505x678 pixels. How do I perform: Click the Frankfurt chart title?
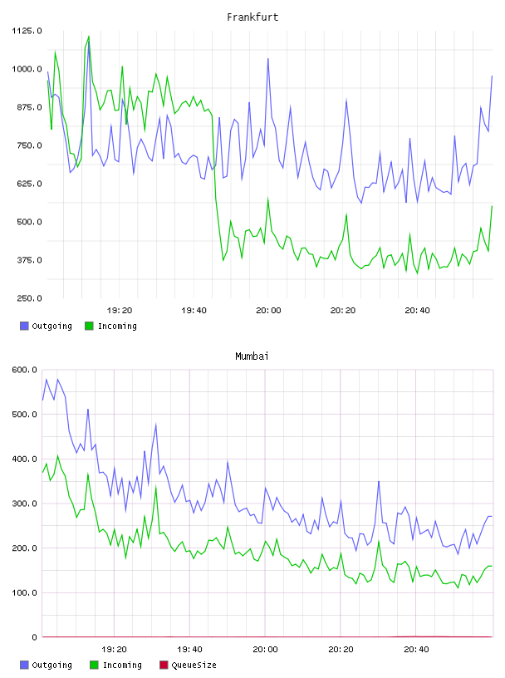coord(252,17)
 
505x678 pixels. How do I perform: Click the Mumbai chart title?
coord(252,356)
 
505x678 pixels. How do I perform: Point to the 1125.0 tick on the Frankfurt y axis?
coord(27,31)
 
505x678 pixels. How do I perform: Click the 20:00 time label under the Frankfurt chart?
coord(268,311)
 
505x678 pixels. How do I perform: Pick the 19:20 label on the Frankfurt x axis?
coord(120,311)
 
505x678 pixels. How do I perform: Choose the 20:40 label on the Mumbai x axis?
coord(416,650)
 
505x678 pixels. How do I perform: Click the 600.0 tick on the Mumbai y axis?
coord(25,370)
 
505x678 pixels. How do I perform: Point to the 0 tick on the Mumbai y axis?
coord(35,637)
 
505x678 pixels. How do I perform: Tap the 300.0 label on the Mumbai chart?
coord(25,504)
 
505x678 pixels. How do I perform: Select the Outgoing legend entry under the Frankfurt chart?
coord(46,326)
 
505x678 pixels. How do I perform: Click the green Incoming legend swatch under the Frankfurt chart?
coord(89,326)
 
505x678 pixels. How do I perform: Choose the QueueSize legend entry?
coord(188,665)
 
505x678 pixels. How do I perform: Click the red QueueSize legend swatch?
coord(164,665)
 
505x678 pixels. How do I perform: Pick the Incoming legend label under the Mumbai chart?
coord(122,665)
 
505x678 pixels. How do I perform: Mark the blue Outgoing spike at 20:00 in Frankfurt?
coord(268,59)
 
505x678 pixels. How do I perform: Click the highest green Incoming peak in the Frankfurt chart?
coord(89,37)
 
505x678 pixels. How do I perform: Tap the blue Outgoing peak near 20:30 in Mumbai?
coord(379,481)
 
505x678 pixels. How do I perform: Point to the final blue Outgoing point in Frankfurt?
coord(492,76)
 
